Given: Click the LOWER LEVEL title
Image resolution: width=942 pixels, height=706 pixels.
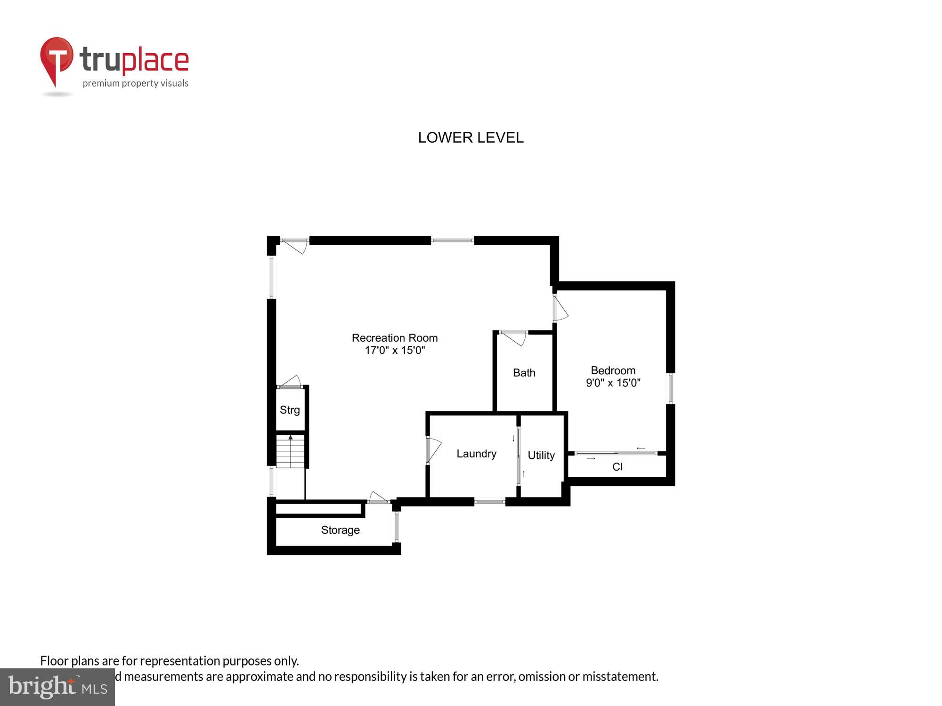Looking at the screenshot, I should [471, 137].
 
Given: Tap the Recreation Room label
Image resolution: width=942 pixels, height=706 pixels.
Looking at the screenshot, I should [395, 338].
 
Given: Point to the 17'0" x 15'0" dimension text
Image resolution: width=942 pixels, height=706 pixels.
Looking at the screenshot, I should [395, 350].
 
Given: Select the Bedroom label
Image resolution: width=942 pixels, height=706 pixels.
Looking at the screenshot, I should [613, 370].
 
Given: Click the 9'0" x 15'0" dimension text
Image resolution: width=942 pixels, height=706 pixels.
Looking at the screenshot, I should [613, 383].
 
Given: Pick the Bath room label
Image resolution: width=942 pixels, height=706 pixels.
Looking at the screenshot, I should [524, 373].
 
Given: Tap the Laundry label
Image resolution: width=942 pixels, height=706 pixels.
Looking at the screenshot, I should [476, 454].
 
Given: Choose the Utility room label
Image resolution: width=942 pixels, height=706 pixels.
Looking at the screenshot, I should [541, 455].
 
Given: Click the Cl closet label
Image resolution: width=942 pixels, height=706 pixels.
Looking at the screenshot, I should [617, 466].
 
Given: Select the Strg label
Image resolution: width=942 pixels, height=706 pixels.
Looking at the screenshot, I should [290, 410].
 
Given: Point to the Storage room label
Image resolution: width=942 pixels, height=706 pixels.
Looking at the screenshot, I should [340, 530].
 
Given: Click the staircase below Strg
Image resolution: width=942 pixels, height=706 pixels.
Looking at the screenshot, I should [290, 451].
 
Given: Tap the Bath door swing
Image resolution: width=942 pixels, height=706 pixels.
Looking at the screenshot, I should [515, 337].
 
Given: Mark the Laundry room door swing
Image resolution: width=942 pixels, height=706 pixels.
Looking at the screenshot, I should [433, 450].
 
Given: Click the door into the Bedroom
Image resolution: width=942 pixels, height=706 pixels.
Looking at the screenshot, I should [560, 308].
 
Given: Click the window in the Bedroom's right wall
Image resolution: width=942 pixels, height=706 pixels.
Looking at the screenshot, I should [670, 388].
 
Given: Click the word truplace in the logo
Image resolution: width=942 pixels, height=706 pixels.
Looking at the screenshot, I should [134, 60].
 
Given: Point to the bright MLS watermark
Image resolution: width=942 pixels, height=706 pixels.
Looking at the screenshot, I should [57, 687].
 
